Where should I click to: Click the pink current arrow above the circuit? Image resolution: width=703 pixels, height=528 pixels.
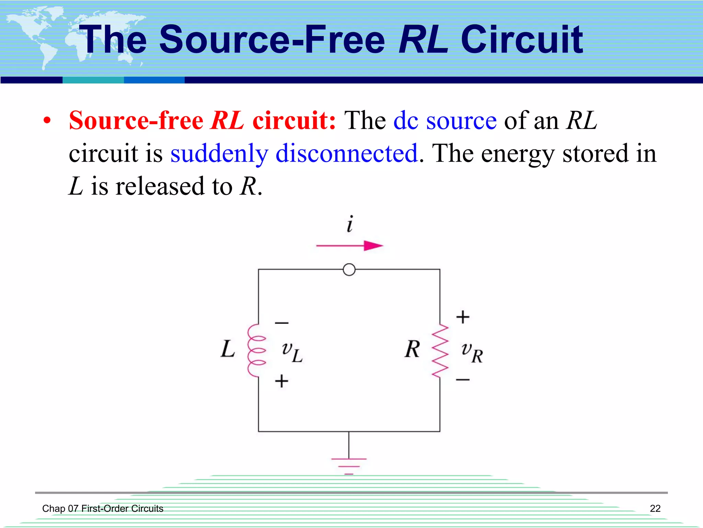[349, 246]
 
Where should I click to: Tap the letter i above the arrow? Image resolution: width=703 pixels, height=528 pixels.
[349, 224]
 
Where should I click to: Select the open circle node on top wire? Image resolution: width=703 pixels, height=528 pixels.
[349, 270]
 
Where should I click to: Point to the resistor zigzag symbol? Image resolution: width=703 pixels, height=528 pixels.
[440, 351]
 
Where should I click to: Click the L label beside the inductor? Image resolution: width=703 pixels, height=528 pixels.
[228, 349]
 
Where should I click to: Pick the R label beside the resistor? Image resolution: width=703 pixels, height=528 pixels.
[412, 349]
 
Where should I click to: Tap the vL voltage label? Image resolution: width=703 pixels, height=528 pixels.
[292, 352]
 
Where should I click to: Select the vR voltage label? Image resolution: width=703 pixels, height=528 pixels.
[472, 352]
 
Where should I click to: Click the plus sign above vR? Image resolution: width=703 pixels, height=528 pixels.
[463, 317]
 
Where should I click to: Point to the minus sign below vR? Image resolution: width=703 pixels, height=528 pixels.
[463, 380]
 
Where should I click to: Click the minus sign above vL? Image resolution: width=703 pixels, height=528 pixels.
[281, 323]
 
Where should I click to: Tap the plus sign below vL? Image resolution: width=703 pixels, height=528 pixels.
[281, 381]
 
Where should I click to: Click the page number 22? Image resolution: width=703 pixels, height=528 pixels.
[655, 508]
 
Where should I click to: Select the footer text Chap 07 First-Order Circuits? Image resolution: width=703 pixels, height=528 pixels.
[103, 508]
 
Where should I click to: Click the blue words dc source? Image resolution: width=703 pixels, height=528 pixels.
[445, 121]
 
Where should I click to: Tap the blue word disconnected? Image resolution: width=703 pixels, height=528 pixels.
[347, 153]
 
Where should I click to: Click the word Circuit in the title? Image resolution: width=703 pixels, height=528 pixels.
[521, 40]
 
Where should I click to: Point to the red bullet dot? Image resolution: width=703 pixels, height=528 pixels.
[47, 121]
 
